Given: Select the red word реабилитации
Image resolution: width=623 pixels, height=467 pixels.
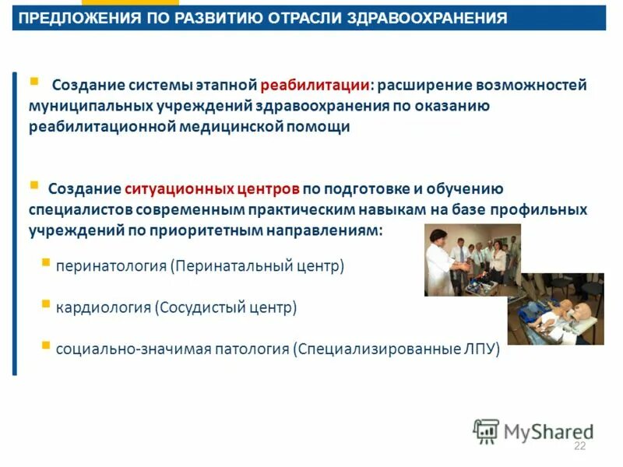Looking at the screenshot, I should click(x=315, y=85).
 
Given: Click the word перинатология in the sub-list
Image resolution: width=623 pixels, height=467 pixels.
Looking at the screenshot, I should click(x=111, y=266).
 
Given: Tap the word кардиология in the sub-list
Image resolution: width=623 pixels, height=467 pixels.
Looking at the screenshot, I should click(x=103, y=307).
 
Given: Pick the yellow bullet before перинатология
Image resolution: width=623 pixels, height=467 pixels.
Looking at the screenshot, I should click(x=46, y=262).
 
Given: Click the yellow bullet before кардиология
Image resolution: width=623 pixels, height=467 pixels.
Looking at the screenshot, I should click(x=46, y=304).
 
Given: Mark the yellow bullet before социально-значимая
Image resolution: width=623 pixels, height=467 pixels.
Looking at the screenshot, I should click(x=46, y=345).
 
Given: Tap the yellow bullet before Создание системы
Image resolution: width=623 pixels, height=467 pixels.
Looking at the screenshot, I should click(x=33, y=80).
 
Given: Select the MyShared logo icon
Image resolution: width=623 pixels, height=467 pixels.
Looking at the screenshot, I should click(x=486, y=430).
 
